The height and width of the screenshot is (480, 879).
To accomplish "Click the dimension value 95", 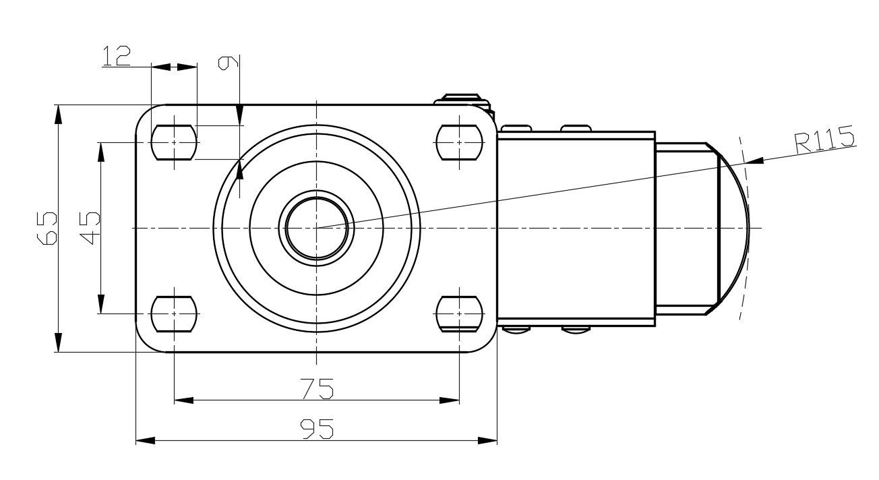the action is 317,429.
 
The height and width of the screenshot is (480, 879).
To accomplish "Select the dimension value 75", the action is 317,388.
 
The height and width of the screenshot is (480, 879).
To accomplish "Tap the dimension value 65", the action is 47,229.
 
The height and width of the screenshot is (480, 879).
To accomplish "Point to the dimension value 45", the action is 90,228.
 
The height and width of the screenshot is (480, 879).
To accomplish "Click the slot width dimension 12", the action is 117,56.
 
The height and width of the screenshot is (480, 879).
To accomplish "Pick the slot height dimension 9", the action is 229,63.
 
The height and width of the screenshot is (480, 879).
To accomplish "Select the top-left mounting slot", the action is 174,142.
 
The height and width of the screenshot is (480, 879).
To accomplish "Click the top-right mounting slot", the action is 459,142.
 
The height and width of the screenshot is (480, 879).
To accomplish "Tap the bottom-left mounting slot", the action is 174,314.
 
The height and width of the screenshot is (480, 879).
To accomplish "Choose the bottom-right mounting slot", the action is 459,314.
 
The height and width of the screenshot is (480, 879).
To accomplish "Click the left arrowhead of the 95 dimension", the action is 145,440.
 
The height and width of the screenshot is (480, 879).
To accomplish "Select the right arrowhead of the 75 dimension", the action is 450,400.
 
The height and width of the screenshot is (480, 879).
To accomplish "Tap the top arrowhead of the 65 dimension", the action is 58,115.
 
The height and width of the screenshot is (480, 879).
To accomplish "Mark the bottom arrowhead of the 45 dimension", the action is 101,304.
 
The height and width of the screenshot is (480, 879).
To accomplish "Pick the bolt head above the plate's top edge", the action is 462,99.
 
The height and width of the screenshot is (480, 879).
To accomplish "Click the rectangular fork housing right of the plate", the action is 576,229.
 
